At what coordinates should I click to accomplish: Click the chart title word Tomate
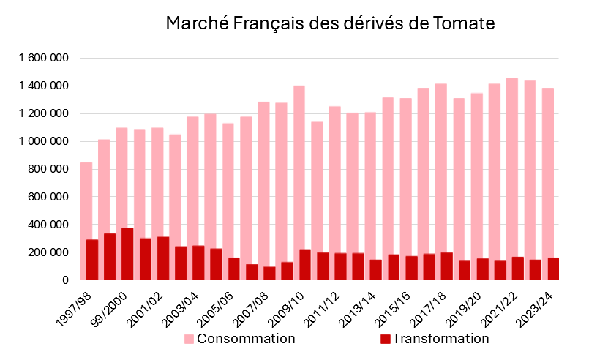coord(463,23)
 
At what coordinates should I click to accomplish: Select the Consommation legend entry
coord(246,339)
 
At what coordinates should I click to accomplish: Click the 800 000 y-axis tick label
coord(48,169)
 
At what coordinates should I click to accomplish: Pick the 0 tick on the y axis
coord(66,280)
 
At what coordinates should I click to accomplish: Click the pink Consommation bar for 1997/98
coord(86,198)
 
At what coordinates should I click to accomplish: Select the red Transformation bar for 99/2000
coord(127,254)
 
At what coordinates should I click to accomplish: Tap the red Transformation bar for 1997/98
coord(92,260)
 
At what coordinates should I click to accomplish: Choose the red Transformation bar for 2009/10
coord(305,265)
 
